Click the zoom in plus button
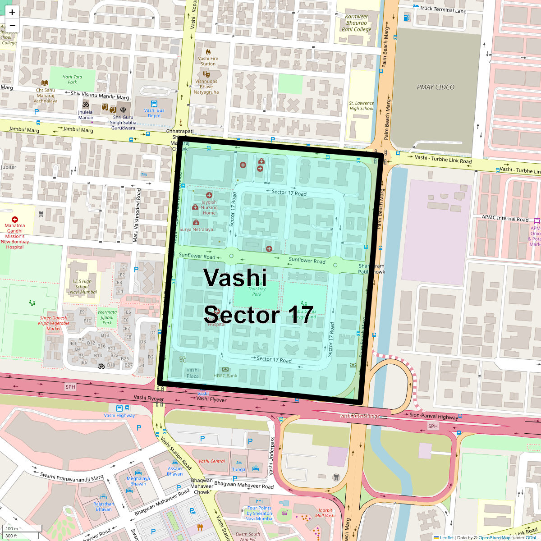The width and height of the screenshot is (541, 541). [x=12, y=12]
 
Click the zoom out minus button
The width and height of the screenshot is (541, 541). [x=12, y=26]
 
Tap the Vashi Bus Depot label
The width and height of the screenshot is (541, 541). [x=154, y=113]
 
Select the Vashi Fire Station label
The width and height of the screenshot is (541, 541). [x=208, y=61]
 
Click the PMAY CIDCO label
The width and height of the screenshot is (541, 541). [x=436, y=87]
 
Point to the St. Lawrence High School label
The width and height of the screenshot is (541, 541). [x=361, y=105]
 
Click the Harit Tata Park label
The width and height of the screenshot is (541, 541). [x=72, y=79]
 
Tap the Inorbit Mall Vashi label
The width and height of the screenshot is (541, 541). [x=325, y=513]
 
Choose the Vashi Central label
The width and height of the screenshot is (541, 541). [x=211, y=461]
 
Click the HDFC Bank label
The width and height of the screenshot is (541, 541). [x=225, y=376]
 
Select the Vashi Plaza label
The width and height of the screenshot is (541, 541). [x=193, y=373]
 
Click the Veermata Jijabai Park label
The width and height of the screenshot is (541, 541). [x=107, y=317]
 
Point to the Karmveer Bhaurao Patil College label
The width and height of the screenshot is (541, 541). [x=356, y=23]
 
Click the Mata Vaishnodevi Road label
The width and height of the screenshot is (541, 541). [x=137, y=215]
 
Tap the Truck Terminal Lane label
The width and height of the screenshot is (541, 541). [x=443, y=9]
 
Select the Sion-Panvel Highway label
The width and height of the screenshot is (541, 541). [x=434, y=416]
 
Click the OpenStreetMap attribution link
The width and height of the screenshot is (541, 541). [x=494, y=537]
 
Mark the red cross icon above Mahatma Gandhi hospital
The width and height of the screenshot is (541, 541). [x=15, y=220]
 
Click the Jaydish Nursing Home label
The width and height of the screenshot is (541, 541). [x=209, y=207]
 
